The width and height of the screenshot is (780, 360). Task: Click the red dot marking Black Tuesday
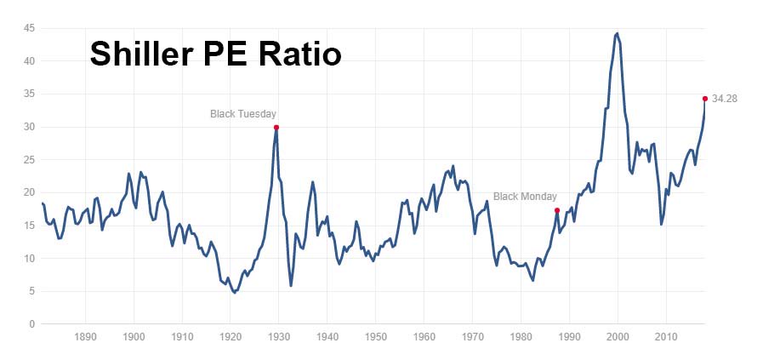[276, 127]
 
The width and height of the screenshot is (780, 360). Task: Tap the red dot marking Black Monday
[556, 210]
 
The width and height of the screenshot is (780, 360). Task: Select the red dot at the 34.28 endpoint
[705, 99]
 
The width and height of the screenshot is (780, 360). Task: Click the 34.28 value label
[725, 99]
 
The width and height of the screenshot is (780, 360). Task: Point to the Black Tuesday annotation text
[243, 113]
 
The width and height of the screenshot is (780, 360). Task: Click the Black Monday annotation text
[525, 196]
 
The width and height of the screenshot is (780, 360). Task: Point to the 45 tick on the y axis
[29, 28]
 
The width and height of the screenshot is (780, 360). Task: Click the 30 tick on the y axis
[29, 127]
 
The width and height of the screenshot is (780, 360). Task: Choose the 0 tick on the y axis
[31, 324]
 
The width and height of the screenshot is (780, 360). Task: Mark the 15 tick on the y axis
[29, 226]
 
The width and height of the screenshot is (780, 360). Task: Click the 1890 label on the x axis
[84, 337]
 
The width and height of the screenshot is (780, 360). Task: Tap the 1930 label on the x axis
[278, 337]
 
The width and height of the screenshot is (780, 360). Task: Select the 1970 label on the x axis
[472, 337]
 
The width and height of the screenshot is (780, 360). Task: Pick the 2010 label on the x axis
[666, 337]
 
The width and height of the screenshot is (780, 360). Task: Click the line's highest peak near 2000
[617, 33]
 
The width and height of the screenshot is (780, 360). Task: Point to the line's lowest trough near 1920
[235, 292]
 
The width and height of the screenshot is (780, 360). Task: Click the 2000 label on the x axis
[618, 337]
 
